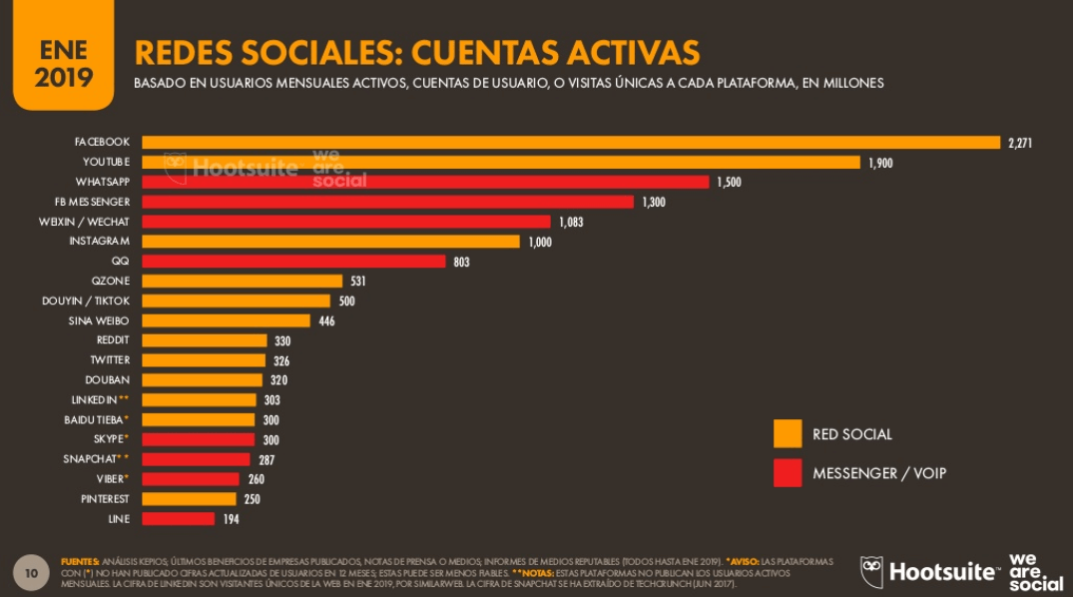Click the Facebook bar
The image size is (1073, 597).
(x=570, y=143)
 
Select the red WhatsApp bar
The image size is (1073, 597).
(x=425, y=182)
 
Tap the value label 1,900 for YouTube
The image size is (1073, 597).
(x=879, y=163)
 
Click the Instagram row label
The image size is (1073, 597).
(x=99, y=242)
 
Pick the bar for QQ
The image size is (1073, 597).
(x=293, y=262)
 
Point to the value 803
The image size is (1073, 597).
(x=460, y=262)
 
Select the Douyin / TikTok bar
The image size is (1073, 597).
(x=236, y=300)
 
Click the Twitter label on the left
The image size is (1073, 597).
(x=110, y=359)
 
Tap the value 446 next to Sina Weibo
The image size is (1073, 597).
(x=326, y=320)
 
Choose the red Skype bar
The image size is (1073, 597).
(x=198, y=439)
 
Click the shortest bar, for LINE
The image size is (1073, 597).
(x=178, y=518)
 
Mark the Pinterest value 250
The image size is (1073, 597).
(x=252, y=499)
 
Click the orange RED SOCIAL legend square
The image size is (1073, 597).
(x=788, y=433)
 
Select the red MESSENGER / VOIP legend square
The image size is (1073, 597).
(x=788, y=473)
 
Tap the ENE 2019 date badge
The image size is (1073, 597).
(x=62, y=62)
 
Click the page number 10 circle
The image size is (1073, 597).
(x=31, y=573)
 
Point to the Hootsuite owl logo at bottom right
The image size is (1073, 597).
(x=871, y=571)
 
